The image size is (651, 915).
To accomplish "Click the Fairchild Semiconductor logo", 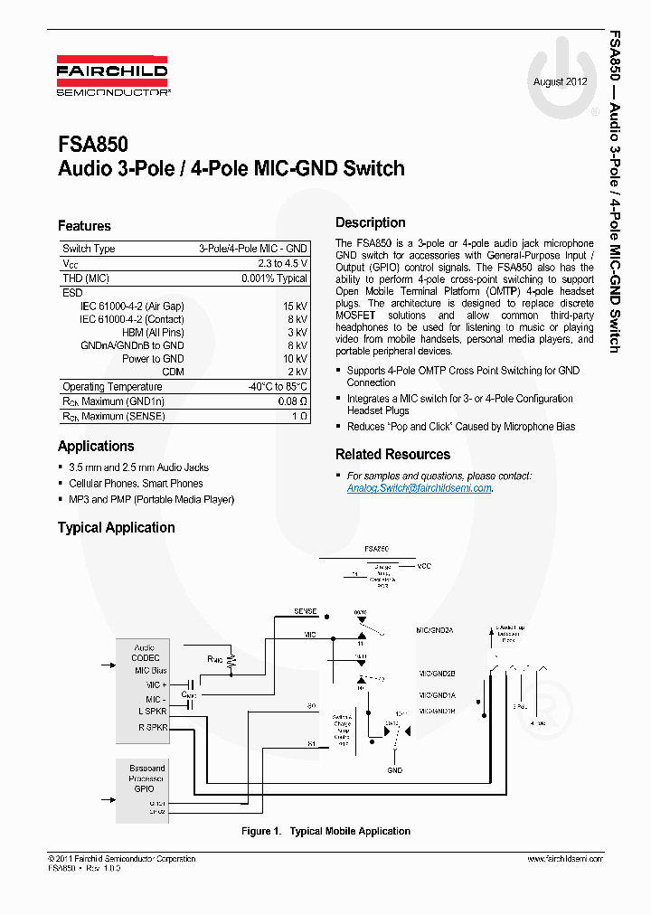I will coord(113,78).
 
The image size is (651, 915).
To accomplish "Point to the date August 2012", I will coord(561,81).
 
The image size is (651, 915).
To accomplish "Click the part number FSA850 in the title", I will coord(92,145).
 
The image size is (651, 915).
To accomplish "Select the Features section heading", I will coord(84,226).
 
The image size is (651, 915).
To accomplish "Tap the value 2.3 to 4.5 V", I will coord(282,263).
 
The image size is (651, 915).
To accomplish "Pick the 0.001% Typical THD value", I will coord(274,278).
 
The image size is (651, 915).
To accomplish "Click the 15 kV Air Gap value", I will coord(297,307).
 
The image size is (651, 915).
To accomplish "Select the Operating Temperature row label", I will coord(112,387).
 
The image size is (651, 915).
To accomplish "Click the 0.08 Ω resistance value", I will coord(292,401).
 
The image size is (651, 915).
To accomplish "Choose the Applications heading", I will coord(96,446).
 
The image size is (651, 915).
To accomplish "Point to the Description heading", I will coord(370,222).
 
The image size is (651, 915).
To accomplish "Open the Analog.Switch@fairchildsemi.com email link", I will coord(419,488).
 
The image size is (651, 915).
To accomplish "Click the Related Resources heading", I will coord(392,454).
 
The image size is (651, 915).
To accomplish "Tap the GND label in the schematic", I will coord(395,770).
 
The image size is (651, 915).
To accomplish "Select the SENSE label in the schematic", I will coord(305,611).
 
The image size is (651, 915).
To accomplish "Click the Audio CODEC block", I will coord(144,653).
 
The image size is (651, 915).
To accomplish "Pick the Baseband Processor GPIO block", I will coord(146,778).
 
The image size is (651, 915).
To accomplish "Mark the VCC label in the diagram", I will coord(424,566).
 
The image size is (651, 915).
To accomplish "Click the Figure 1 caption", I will coord(325,831).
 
